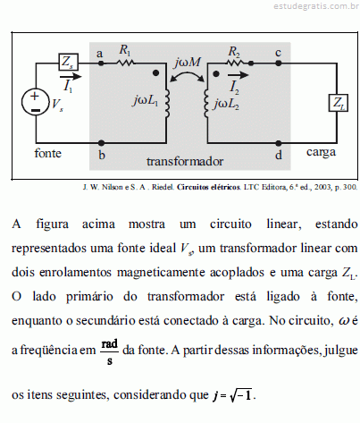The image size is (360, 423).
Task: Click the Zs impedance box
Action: (68, 62)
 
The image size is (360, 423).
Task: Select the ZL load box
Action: (338, 103)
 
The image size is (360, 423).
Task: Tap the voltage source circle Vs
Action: (35, 102)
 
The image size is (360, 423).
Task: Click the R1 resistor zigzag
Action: (125, 63)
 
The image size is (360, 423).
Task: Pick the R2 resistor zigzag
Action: (235, 63)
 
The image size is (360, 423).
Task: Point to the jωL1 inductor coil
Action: (167, 104)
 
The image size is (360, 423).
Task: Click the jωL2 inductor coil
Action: (206, 104)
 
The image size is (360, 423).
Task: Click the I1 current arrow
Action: (71, 77)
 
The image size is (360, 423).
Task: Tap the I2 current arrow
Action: (238, 75)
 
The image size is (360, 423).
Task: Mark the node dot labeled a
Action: (101, 63)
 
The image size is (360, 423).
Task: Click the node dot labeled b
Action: (101, 143)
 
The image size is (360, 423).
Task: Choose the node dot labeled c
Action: (278, 63)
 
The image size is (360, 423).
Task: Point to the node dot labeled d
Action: (278, 143)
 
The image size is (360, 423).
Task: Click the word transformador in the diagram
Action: (185, 161)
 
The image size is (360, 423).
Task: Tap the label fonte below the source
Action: (47, 153)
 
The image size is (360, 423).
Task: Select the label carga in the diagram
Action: (321, 152)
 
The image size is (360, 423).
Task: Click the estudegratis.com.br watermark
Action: (316, 6)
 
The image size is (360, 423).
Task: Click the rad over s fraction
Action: (110, 351)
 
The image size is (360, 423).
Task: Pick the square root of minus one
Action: (241, 394)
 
